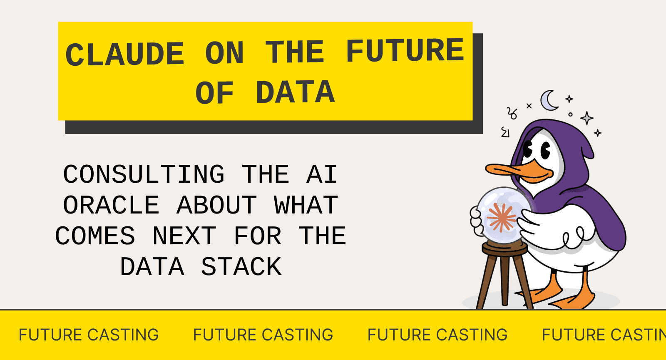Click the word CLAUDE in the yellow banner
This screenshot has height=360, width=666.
click(x=125, y=54)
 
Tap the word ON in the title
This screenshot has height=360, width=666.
click(x=224, y=53)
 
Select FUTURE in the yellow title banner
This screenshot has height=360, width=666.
click(x=405, y=51)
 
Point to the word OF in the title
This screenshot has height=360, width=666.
click(x=214, y=93)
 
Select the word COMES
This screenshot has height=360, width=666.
click(x=95, y=236)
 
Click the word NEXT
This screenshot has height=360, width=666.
click(x=184, y=236)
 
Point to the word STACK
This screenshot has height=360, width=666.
click(x=241, y=267)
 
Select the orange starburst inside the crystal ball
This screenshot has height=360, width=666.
click(x=502, y=217)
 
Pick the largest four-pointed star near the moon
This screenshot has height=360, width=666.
click(x=587, y=118)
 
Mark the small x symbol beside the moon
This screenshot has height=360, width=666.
click(x=529, y=106)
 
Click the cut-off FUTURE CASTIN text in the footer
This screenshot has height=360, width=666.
click(x=604, y=335)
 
